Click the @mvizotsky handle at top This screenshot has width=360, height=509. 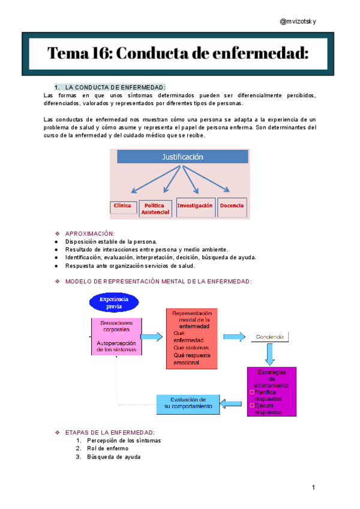coord(298,22)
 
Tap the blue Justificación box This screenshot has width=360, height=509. coord(182,157)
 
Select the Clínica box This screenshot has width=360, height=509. coord(122,206)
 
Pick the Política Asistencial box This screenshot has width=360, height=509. coord(155,209)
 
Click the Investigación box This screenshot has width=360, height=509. coord(195,206)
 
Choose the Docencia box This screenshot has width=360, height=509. coord(232,206)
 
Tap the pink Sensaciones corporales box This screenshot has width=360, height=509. coord(116,336)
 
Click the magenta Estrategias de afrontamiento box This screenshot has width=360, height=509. coord(271,391)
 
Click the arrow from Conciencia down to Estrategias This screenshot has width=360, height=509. coord(270,354)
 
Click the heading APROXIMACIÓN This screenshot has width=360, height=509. coord(89,233)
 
